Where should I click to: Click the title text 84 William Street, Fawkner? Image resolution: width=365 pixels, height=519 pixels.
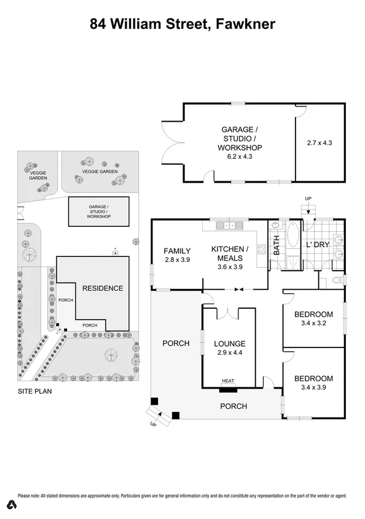pyautogui.click(x=182, y=24)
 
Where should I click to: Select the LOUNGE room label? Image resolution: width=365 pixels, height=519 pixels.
pyautogui.click(x=230, y=344)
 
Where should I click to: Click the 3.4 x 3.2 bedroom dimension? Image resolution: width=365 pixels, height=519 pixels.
pyautogui.click(x=313, y=323)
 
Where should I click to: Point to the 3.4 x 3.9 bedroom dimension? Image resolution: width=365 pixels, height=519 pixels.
pyautogui.click(x=313, y=387)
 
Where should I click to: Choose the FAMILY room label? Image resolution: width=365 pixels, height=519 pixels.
pyautogui.click(x=177, y=251)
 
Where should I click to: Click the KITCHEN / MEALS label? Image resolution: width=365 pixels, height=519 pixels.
pyautogui.click(x=230, y=253)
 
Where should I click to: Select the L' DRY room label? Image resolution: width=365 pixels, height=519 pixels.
pyautogui.click(x=318, y=245)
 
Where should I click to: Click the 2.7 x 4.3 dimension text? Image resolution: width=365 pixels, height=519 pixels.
pyautogui.click(x=319, y=143)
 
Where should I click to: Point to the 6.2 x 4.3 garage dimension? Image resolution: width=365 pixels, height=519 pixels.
pyautogui.click(x=240, y=157)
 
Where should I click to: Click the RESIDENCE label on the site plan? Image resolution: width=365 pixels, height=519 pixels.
pyautogui.click(x=103, y=288)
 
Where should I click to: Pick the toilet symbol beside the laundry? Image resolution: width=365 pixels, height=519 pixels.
pyautogui.click(x=336, y=280)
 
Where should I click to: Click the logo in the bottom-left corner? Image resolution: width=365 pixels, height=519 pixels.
pyautogui.click(x=12, y=505)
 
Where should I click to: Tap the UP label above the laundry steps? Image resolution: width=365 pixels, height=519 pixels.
pyautogui.click(x=308, y=198)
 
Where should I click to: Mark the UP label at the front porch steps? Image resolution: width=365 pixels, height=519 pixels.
pyautogui.click(x=153, y=424)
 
